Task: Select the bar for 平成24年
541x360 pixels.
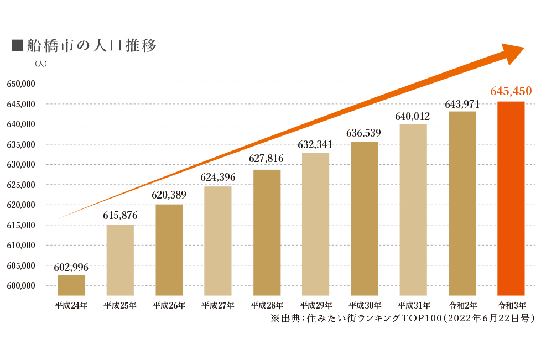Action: pyautogui.click(x=71, y=285)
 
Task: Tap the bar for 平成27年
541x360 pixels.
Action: pyautogui.click(x=218, y=241)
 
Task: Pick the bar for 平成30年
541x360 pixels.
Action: pyautogui.click(x=365, y=218)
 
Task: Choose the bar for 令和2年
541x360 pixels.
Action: pyautogui.click(x=462, y=204)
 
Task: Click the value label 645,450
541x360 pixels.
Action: pyautogui.click(x=511, y=91)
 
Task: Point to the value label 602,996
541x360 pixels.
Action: pyautogui.click(x=71, y=267)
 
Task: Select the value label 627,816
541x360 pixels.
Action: pyautogui.click(x=266, y=159)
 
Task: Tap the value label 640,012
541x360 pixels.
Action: pyautogui.click(x=412, y=116)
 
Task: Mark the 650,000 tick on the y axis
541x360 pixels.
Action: pyautogui.click(x=21, y=84)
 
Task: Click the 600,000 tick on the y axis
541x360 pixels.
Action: pyautogui.click(x=21, y=285)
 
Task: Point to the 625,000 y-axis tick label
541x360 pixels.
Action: pyautogui.click(x=21, y=185)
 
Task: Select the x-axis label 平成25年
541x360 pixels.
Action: pyautogui.click(x=120, y=305)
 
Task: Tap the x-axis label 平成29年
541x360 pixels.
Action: pyautogui.click(x=316, y=305)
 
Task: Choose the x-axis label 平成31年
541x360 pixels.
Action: pyautogui.click(x=414, y=305)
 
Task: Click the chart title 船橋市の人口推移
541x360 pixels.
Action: pyautogui.click(x=92, y=45)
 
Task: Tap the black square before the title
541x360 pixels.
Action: pyautogui.click(x=17, y=45)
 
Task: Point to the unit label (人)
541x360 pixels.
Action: pyautogui.click(x=41, y=64)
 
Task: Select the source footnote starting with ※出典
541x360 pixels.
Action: pyautogui.click(x=402, y=319)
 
